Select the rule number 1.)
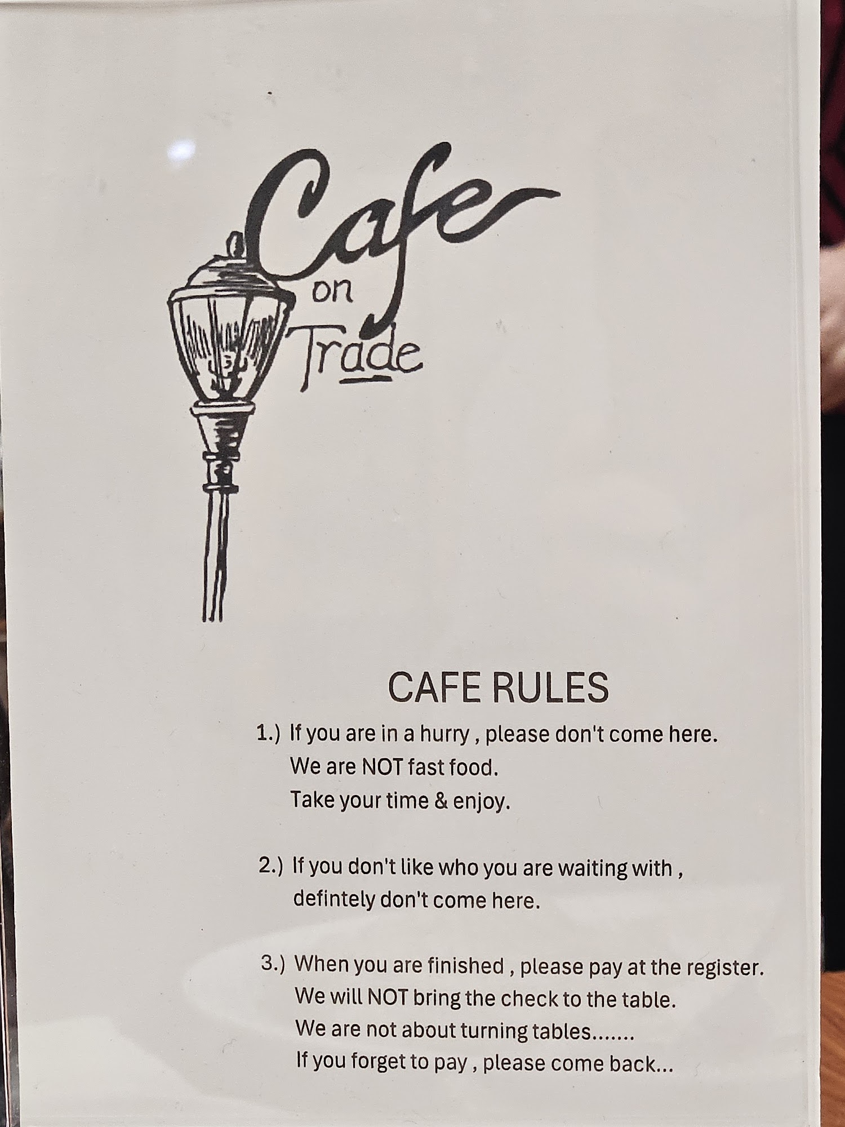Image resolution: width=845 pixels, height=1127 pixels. [268, 734]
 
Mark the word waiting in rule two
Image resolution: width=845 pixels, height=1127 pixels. [592, 868]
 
